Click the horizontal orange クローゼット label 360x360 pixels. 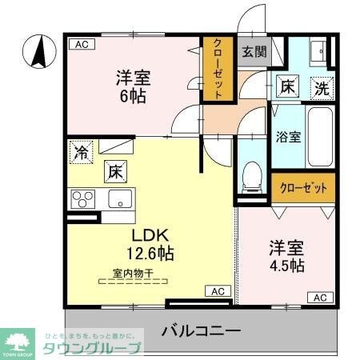(303, 189)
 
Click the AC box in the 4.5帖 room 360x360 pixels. (319, 298)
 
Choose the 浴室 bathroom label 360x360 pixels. (288, 137)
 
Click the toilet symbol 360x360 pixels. (253, 174)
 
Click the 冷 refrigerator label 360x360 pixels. (81, 151)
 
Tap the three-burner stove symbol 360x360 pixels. (82, 198)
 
